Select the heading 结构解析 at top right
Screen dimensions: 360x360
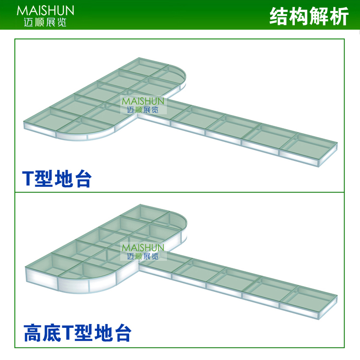click(309, 16)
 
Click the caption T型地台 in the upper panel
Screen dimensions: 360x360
click(57, 178)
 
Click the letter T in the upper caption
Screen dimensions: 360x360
click(28, 179)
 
